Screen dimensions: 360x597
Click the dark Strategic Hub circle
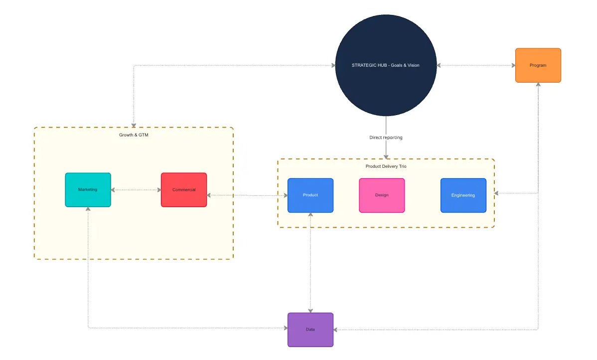coord(386,65)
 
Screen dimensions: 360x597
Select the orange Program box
coord(538,65)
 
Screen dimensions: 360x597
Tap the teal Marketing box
coord(88,190)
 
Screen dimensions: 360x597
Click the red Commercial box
coord(183,190)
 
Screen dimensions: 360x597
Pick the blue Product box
coord(310,195)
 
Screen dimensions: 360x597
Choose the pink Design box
coord(382,195)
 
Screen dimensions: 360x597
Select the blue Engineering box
coord(463,195)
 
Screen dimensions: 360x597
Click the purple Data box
coord(310,330)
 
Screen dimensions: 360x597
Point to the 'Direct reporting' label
coord(386,137)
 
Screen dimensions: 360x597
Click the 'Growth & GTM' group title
coord(134,135)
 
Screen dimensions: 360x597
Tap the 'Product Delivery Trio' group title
coord(386,166)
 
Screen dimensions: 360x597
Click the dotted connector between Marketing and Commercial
coord(136,190)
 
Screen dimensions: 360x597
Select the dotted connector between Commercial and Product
coord(247,195)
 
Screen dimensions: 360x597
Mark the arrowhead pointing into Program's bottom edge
coord(538,85)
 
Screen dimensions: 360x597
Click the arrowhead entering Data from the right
coord(336,330)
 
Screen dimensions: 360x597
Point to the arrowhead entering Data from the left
coord(285,328)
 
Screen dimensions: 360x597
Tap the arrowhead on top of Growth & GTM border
coord(134,124)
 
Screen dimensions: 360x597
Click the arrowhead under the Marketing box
coord(88,210)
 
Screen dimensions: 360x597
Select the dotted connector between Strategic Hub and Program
coord(476,65)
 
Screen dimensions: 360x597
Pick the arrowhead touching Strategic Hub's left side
coord(332,65)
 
